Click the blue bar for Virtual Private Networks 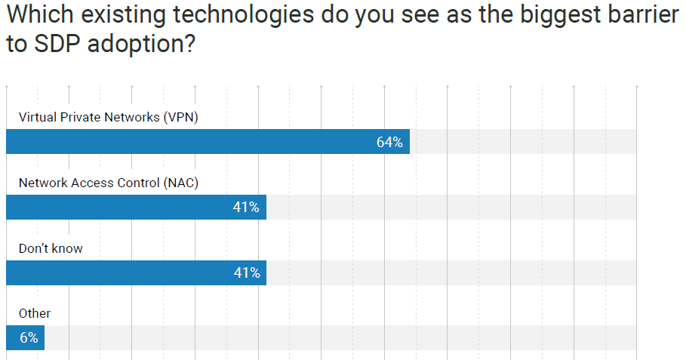pyautogui.click(x=208, y=142)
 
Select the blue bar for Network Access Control pyautogui.click(x=136, y=208)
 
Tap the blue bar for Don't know pyautogui.click(x=136, y=272)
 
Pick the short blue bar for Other pyautogui.click(x=25, y=338)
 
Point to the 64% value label pyautogui.click(x=389, y=142)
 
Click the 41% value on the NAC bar pyautogui.click(x=246, y=208)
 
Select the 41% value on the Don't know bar pyautogui.click(x=246, y=272)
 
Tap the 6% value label pyautogui.click(x=29, y=338)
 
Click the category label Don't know pyautogui.click(x=50, y=248)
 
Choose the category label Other pyautogui.click(x=35, y=313)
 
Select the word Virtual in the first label pyautogui.click(x=37, y=117)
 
